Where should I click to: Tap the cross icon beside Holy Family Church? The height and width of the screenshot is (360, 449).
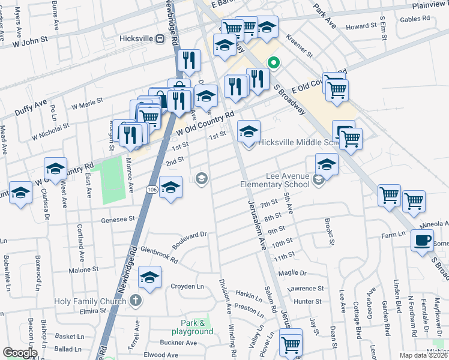(x=136, y=300)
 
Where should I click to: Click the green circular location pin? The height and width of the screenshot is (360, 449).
(x=274, y=62)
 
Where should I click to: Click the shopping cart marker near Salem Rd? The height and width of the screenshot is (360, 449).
(x=291, y=344)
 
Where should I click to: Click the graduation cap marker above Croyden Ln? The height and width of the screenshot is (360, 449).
(x=149, y=278)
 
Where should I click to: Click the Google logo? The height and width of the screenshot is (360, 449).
(x=20, y=352)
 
